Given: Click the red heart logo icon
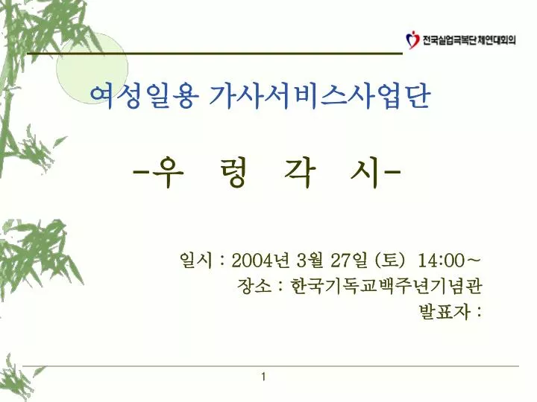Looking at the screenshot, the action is pos(412,40).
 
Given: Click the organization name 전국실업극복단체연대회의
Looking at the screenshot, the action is pos(469,40).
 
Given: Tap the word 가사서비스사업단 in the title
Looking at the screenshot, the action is pos(319,96).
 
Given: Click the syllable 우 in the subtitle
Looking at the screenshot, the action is pos(168,172).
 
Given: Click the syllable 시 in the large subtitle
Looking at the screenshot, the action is pos(365,173).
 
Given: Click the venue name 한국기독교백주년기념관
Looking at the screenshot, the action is pos(386,286).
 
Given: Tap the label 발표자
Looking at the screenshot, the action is pos(445,311).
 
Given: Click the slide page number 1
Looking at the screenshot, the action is pos(263,377).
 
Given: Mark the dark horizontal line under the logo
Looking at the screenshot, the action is pos(215,54).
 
